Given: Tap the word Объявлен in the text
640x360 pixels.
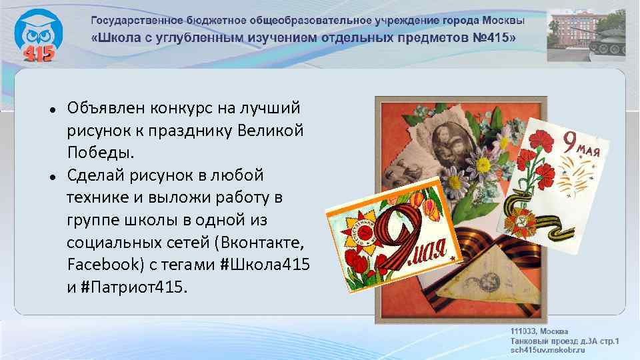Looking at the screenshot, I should click(x=103, y=108).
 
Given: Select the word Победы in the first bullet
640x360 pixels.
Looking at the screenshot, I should click(x=100, y=153).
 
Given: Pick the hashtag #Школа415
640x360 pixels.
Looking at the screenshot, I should click(x=265, y=265).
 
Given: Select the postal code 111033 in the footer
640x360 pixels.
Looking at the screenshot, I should click(x=524, y=331).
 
